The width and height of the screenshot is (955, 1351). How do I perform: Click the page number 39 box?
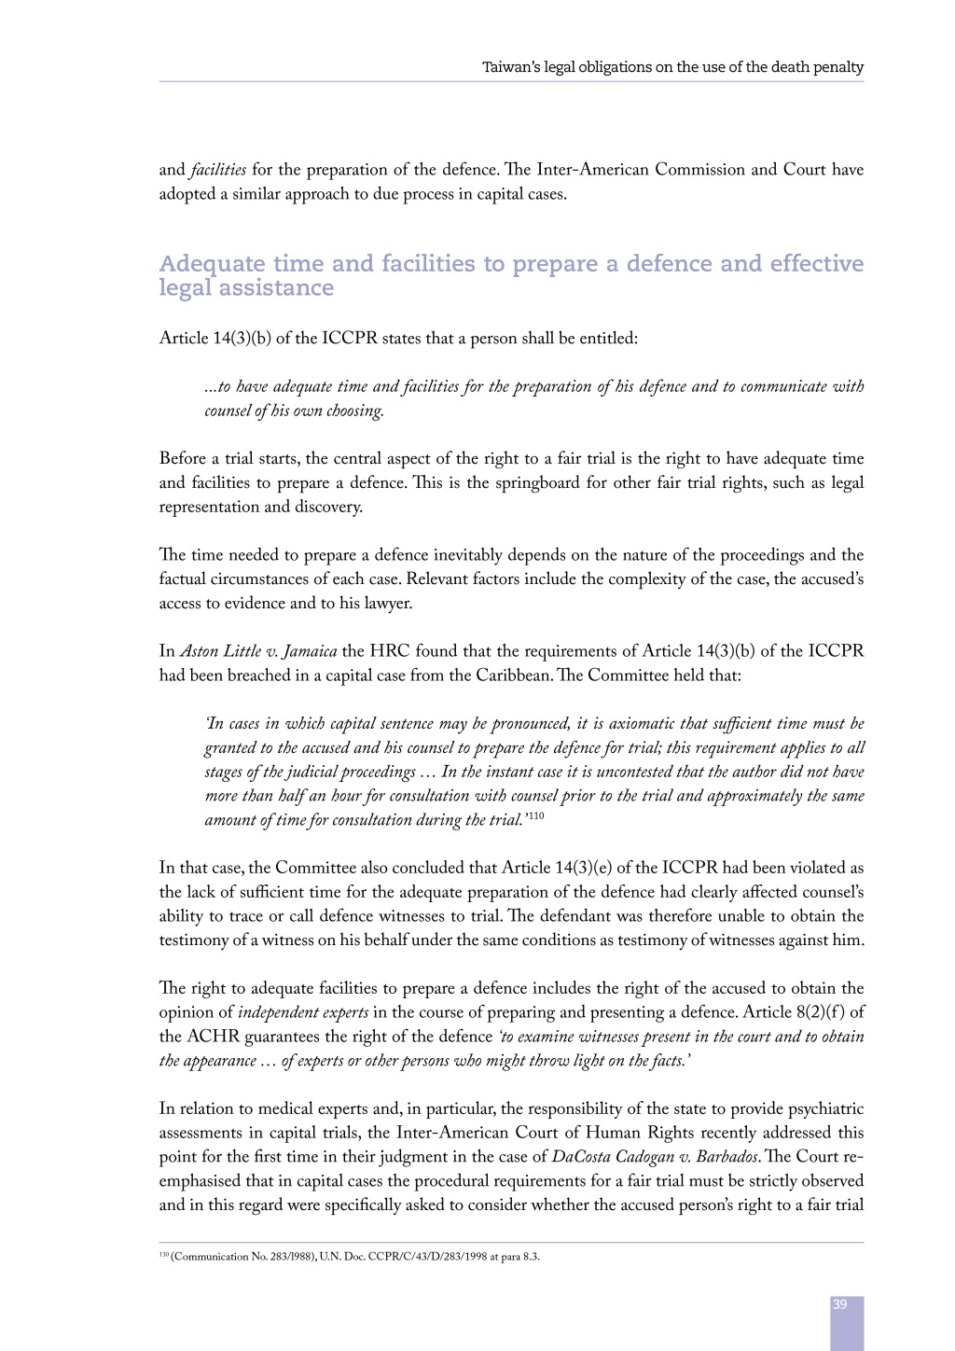pyautogui.click(x=846, y=1319)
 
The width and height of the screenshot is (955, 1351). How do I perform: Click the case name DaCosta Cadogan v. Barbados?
pyautogui.click(x=655, y=1157)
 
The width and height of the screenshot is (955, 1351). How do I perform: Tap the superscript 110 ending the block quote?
pyautogui.click(x=536, y=816)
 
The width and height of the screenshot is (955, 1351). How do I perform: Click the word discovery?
pyautogui.click(x=327, y=508)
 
